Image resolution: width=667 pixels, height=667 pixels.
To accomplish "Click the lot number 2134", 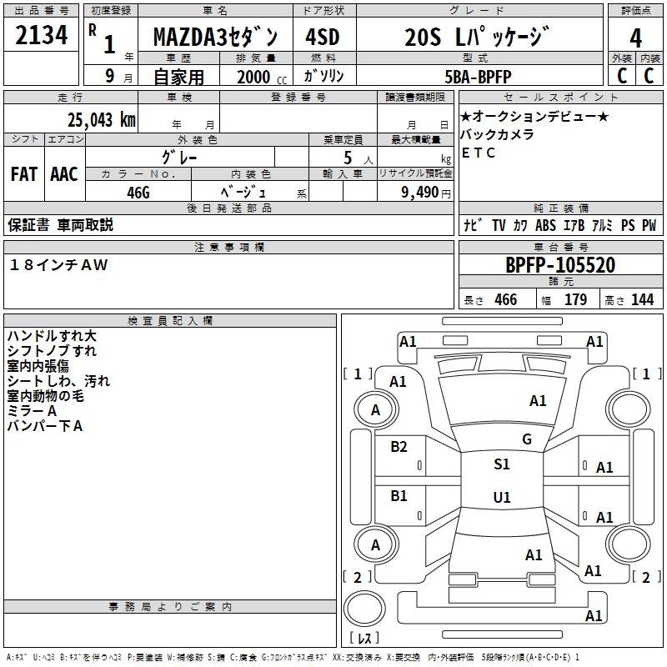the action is pyautogui.click(x=41, y=35).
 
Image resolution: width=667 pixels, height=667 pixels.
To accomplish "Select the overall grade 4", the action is pyautogui.click(x=635, y=38).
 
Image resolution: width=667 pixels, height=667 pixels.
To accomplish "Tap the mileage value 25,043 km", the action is pyautogui.click(x=101, y=120).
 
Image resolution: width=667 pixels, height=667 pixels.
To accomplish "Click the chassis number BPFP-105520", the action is pyautogui.click(x=560, y=265).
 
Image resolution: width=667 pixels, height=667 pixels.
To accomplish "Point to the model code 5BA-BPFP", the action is pyautogui.click(x=478, y=77).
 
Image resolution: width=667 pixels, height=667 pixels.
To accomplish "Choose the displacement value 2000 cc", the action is pyautogui.click(x=262, y=77).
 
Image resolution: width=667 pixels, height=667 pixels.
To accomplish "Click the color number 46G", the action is pyautogui.click(x=138, y=193).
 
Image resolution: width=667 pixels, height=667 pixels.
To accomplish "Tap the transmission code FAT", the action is pyautogui.click(x=24, y=174).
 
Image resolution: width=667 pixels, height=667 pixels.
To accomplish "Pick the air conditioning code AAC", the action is pyautogui.click(x=64, y=174).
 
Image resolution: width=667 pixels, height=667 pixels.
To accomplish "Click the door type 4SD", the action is pyautogui.click(x=323, y=37).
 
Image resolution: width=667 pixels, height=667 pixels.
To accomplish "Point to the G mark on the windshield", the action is pyautogui.click(x=527, y=439).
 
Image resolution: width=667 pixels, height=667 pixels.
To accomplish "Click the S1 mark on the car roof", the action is pyautogui.click(x=502, y=464).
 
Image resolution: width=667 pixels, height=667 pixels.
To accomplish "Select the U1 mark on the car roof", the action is pyautogui.click(x=502, y=497).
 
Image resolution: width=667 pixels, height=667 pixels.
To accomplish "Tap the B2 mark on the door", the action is pyautogui.click(x=399, y=446).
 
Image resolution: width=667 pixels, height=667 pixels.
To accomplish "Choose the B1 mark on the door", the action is pyautogui.click(x=399, y=495).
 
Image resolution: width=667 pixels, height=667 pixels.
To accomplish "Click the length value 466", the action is pyautogui.click(x=506, y=299).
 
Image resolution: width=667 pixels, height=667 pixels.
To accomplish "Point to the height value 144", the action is pyautogui.click(x=642, y=299).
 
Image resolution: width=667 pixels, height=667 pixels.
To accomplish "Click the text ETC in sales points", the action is pyautogui.click(x=478, y=153).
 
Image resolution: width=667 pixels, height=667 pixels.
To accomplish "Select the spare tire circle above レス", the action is pyautogui.click(x=364, y=609).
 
